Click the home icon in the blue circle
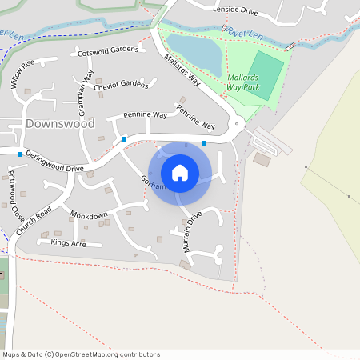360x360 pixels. (180, 173)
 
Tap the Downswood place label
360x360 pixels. (60, 124)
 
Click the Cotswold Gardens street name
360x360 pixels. (108, 51)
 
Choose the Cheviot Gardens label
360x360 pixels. (121, 85)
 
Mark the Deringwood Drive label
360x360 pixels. (54, 161)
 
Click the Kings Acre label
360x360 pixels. (68, 242)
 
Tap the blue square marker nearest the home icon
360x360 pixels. (204, 143)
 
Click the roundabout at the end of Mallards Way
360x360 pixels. (237, 124)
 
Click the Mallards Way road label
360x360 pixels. (182, 70)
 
